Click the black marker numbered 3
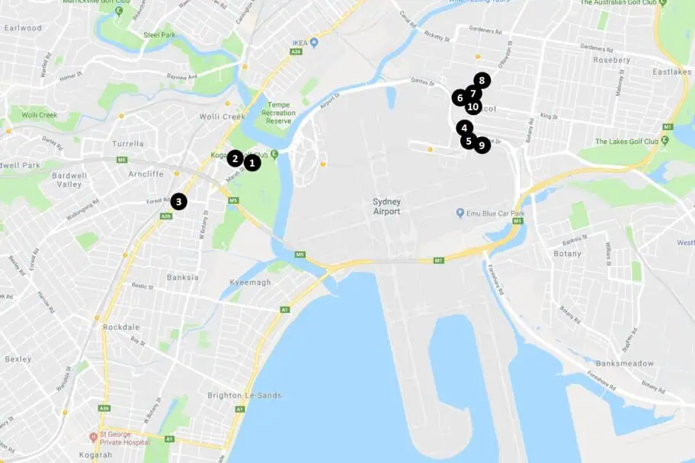point(178,202)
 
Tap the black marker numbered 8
point(482,80)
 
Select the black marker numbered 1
point(252,162)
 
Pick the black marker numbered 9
point(482,145)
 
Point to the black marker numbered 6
point(460,97)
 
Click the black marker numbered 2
point(235,158)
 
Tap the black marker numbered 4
point(465,128)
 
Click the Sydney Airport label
point(386,206)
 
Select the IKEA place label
point(298,42)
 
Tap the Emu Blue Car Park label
point(496,213)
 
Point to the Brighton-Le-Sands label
point(244,395)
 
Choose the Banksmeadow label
point(626,363)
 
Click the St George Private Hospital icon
point(94,437)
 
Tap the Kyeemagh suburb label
point(250,283)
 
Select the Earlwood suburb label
point(23,28)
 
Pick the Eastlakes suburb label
point(670,72)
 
